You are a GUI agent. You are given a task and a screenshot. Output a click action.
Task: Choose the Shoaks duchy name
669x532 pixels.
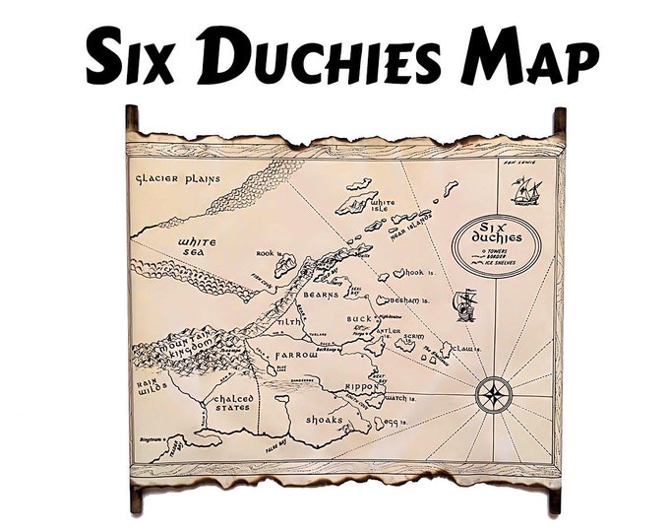click(324, 420)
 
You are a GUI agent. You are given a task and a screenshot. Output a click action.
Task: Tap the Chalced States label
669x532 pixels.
click(234, 404)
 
